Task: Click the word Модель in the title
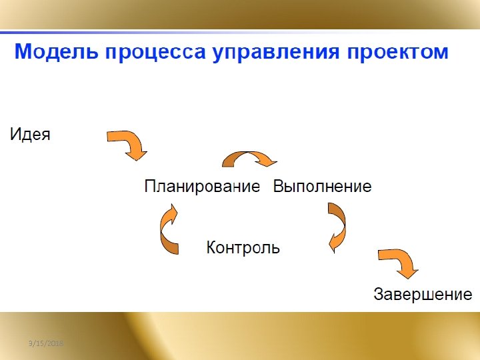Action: tap(55, 52)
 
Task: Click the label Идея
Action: tap(30, 134)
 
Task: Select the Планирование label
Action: tap(202, 187)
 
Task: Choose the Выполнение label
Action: tap(322, 187)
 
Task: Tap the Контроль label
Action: tap(243, 248)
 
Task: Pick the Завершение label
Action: tap(423, 294)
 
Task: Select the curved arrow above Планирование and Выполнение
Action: tap(249, 159)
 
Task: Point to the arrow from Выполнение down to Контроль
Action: tap(337, 227)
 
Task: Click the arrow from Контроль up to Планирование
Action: tap(169, 230)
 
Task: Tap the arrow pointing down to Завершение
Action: tap(398, 263)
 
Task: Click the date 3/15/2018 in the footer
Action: tap(45, 343)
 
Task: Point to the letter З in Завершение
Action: tap(379, 294)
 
